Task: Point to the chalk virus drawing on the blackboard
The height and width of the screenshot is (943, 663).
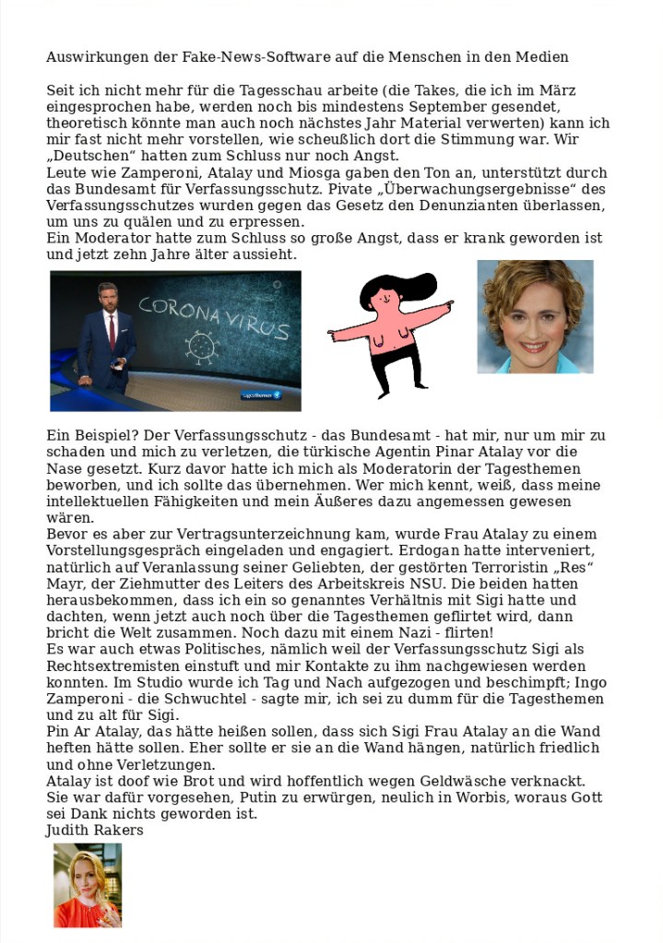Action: (202, 346)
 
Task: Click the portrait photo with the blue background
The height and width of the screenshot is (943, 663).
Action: (535, 316)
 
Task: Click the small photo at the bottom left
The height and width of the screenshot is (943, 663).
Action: (88, 885)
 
